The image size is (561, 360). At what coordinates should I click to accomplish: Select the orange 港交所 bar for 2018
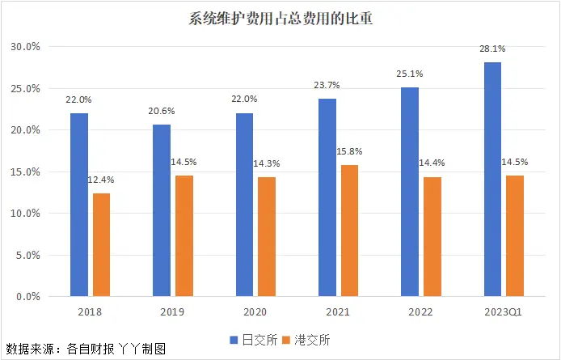[x=101, y=244]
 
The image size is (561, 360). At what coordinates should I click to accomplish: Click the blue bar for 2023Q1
[x=492, y=180]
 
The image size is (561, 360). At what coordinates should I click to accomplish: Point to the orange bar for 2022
[x=432, y=236]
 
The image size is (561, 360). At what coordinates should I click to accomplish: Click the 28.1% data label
[x=492, y=49]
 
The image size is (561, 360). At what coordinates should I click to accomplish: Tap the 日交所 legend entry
[x=252, y=339]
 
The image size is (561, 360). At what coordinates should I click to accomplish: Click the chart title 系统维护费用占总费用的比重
[x=280, y=18]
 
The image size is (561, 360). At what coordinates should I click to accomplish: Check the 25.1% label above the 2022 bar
[x=410, y=74]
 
